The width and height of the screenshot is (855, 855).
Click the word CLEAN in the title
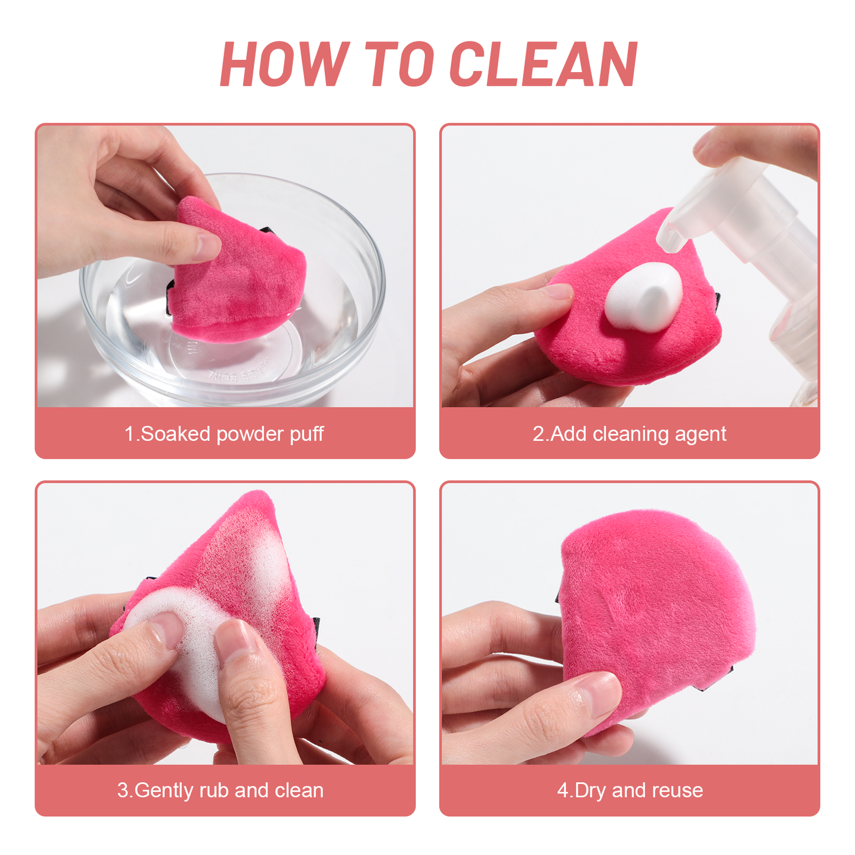[543, 63]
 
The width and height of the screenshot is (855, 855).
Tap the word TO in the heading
[399, 63]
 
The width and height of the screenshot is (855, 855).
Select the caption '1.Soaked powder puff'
[224, 434]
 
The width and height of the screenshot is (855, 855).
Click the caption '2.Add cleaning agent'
[629, 434]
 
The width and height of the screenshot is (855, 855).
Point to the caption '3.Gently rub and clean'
[221, 791]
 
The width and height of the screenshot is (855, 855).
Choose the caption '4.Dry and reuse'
[630, 791]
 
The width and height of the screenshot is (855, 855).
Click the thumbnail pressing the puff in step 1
[208, 247]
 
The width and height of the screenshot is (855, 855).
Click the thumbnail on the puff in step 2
[558, 292]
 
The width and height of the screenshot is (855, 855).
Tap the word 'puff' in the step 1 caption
[307, 434]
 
